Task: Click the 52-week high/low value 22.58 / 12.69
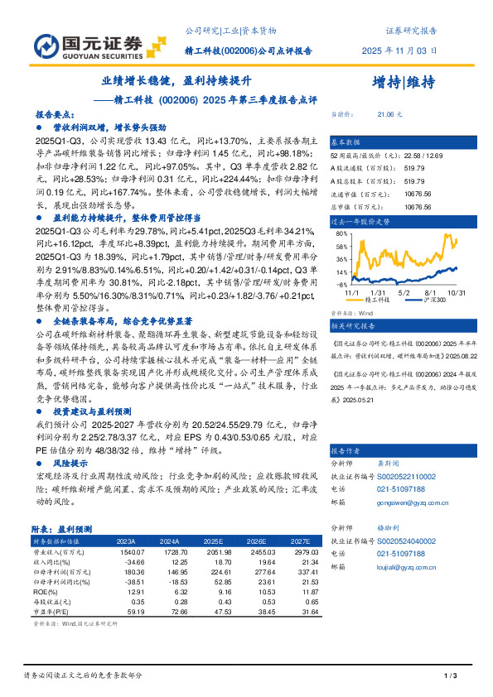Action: (x=411, y=156)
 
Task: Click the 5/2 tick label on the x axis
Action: (x=404, y=293)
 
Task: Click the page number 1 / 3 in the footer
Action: (x=451, y=676)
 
